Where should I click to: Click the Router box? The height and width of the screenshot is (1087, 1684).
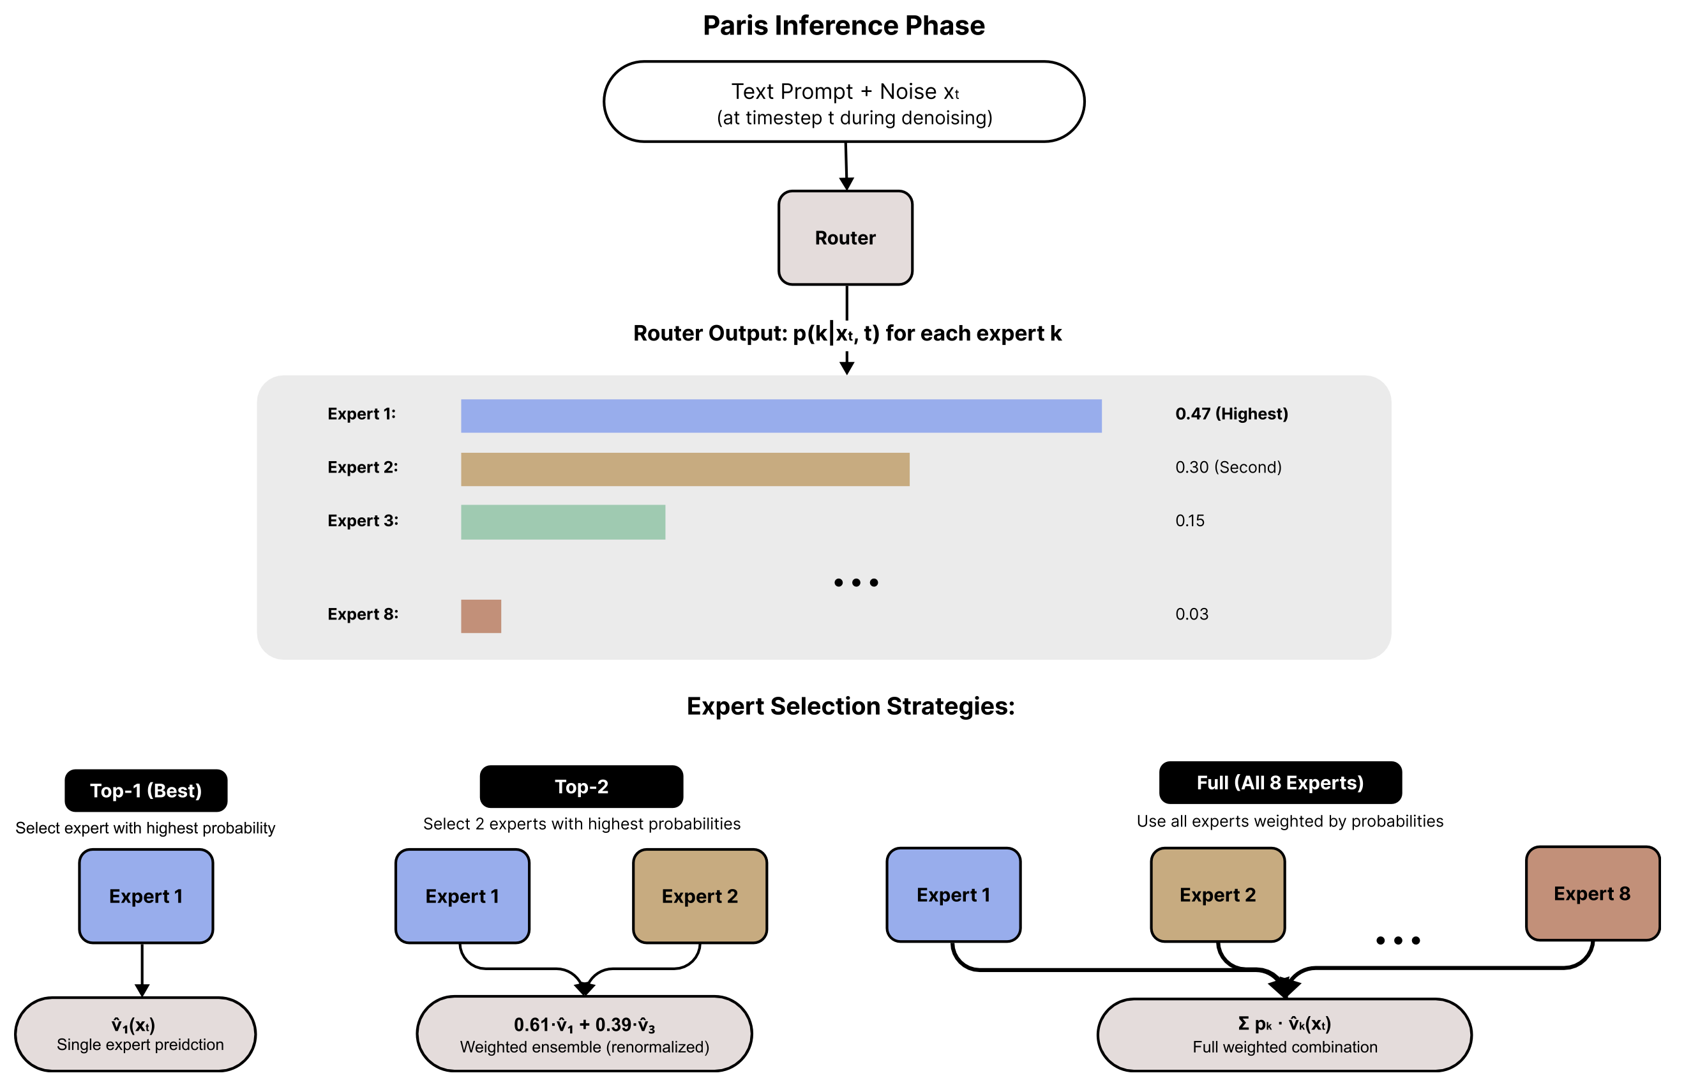[845, 238]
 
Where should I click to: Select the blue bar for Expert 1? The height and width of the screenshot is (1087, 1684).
[780, 416]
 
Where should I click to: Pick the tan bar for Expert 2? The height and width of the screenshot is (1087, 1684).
[684, 469]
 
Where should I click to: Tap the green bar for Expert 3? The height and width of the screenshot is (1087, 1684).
[562, 522]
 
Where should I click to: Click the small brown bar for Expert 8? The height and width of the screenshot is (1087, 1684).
[481, 616]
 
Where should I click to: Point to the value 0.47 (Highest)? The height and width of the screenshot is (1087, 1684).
[1230, 414]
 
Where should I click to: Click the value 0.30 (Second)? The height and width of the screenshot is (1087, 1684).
[1228, 467]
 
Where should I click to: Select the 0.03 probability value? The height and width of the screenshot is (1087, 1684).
[1191, 614]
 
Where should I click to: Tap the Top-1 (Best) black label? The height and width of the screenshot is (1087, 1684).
[146, 790]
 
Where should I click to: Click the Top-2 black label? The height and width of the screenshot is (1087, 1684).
[581, 786]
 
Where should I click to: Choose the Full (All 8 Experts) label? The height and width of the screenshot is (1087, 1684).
[1279, 782]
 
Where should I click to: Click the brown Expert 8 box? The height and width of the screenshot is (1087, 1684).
[1591, 893]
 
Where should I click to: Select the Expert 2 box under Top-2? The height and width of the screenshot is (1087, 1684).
[699, 895]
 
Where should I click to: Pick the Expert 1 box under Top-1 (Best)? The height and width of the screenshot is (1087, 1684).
[146, 895]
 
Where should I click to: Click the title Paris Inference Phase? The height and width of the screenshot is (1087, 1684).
[843, 26]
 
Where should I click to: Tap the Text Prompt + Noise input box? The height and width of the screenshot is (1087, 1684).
[843, 102]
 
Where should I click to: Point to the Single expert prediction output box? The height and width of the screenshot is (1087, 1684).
[135, 1033]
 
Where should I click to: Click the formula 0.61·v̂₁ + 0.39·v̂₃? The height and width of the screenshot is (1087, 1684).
[583, 1024]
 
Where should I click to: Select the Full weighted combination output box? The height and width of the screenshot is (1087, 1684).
[1283, 1034]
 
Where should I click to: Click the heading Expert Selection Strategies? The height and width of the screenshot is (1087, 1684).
[850, 706]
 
